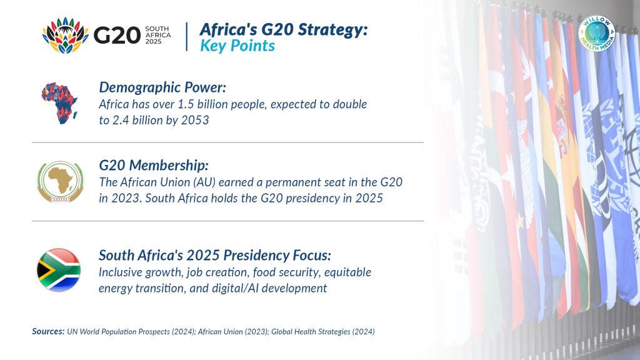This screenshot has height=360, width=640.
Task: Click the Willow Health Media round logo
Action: tap(596, 34)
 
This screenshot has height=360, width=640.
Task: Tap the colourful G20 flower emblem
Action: tap(65, 35)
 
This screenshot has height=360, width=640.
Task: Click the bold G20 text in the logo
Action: tap(117, 35)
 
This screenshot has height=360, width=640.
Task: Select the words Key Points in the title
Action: tap(237, 46)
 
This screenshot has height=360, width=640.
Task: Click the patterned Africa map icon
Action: tap(59, 103)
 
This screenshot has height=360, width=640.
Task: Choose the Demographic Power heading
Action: tap(162, 87)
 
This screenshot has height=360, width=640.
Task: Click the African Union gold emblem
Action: tap(61, 182)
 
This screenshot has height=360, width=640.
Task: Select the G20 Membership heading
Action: tap(154, 165)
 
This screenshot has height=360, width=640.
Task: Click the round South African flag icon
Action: tap(59, 270)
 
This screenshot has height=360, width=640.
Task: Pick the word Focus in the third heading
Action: tap(312, 255)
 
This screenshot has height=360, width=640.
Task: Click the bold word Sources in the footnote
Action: tap(48, 331)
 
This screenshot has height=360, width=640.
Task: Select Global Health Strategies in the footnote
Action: tap(311, 332)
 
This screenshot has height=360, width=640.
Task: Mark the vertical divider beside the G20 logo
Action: tap(187, 37)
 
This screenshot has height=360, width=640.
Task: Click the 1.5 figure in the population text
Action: tap(186, 104)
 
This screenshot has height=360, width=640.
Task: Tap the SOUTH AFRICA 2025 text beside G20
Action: tap(158, 35)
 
